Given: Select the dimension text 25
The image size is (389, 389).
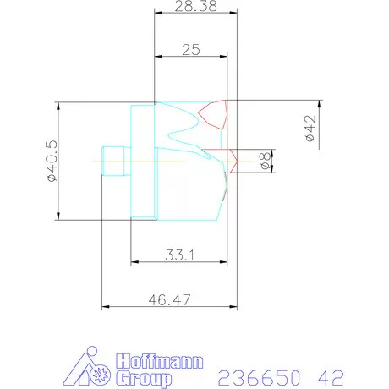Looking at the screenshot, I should click(190, 50).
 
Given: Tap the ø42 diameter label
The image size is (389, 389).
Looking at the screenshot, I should click(310, 127).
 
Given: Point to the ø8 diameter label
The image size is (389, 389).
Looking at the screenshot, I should click(265, 161).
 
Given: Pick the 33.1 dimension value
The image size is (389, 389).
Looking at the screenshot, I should click(178, 254).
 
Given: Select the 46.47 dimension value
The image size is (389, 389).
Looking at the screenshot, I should click(167, 299).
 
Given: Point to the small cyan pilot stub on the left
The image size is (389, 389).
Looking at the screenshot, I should click(113, 161).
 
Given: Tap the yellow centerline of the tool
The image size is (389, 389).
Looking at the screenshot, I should click(169, 161).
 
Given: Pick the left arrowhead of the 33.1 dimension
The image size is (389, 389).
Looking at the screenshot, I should click(133, 261).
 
